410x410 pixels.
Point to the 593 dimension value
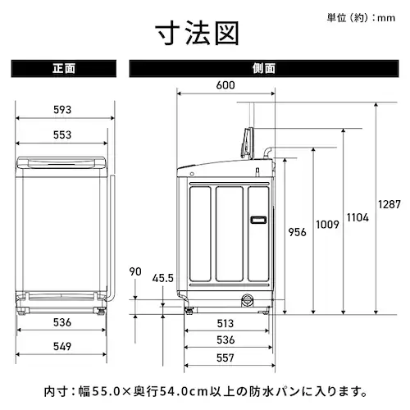click(x=63, y=110)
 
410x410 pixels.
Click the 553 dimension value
click(x=63, y=134)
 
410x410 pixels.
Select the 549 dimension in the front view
click(x=63, y=347)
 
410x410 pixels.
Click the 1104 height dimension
click(x=358, y=217)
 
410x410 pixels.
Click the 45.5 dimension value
click(x=163, y=278)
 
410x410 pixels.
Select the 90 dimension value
click(x=135, y=271)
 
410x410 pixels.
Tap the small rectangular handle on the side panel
click(x=258, y=219)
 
